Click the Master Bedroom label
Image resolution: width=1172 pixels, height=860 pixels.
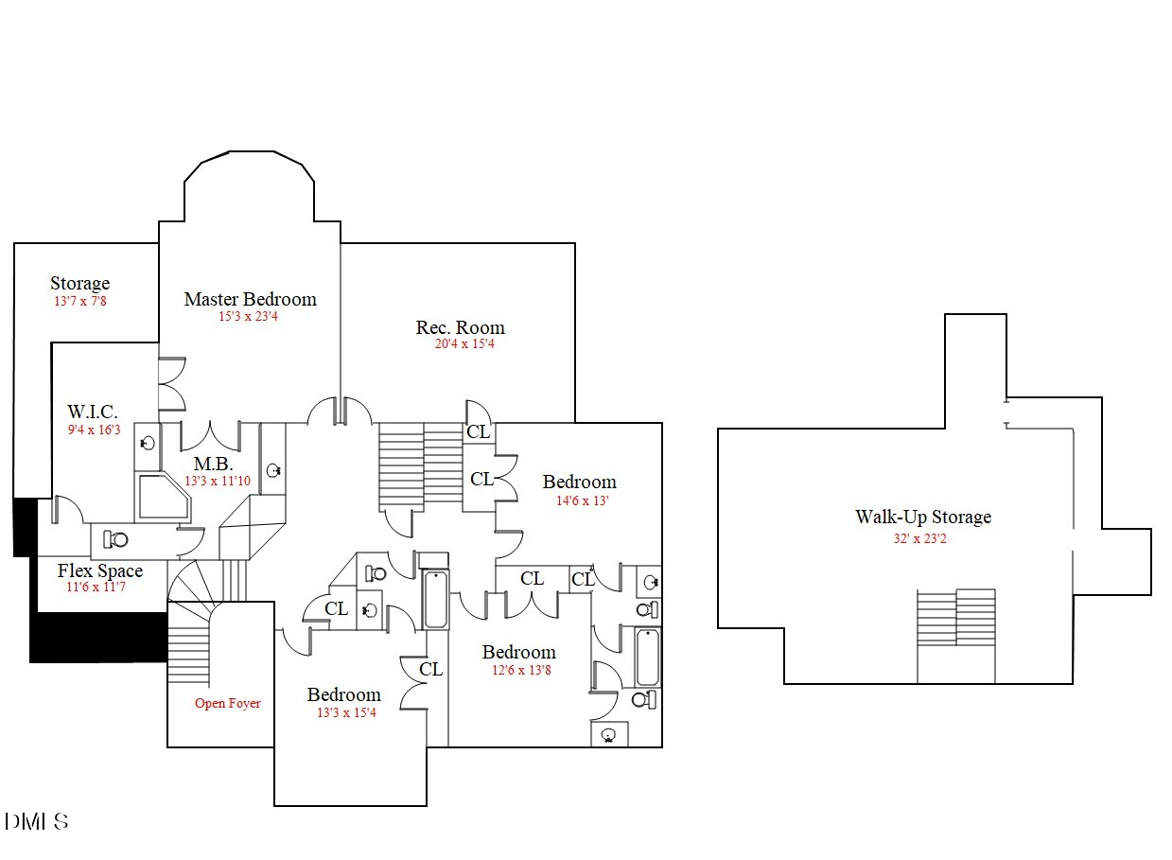point(250,299)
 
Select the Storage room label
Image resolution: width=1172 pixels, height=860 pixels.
point(79,283)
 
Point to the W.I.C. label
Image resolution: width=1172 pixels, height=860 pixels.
point(93,412)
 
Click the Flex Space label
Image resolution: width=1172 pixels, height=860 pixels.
point(100,570)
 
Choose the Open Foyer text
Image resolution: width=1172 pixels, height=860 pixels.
point(227,703)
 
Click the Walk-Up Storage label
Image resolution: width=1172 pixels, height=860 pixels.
point(923,517)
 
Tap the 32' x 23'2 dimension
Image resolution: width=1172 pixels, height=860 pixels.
point(923,539)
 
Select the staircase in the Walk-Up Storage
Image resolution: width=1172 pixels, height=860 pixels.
point(956,618)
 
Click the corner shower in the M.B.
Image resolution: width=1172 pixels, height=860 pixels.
point(164,497)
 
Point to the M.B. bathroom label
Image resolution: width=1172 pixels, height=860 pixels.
point(214,465)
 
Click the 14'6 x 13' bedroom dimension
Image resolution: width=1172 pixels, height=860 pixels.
point(583,500)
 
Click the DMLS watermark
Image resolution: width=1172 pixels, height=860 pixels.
point(36,821)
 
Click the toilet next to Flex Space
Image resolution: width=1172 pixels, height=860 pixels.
point(117,539)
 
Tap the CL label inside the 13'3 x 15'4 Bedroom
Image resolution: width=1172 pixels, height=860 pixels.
point(430,669)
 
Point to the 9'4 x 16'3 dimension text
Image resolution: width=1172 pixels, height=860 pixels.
point(94,430)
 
